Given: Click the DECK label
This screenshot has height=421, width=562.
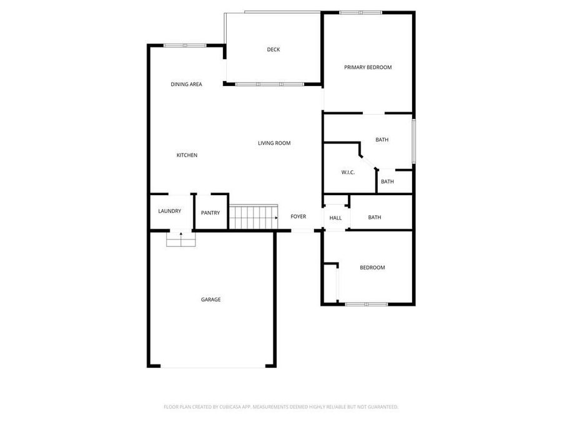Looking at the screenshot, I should click(x=274, y=50).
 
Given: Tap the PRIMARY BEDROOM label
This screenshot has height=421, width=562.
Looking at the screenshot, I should click(x=368, y=67).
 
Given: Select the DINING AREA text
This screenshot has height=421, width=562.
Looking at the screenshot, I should click(x=186, y=84).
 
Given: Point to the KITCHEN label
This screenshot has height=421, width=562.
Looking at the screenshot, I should click(x=187, y=155).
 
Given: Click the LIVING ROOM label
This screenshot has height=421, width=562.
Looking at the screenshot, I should click(x=274, y=143).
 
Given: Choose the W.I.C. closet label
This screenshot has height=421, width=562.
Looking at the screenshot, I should click(x=348, y=172).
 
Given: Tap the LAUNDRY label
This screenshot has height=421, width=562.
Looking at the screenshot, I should click(x=169, y=211).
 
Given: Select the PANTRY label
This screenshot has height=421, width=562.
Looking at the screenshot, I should click(x=210, y=213).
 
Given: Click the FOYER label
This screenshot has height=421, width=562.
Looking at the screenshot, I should click(x=298, y=216).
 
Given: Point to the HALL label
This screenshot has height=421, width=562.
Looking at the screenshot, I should click(x=336, y=218).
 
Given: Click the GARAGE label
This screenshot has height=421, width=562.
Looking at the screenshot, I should click(x=210, y=300).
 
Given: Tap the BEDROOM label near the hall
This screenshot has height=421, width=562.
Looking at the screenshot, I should click(x=372, y=268).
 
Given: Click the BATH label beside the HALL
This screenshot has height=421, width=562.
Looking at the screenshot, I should click(x=375, y=218).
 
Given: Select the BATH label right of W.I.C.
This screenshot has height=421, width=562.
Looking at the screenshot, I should click(x=387, y=182).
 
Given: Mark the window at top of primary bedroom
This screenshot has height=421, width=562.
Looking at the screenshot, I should click(x=360, y=12).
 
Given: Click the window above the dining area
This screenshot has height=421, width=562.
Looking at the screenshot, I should click(x=184, y=45).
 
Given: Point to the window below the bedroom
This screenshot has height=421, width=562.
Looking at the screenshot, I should click(x=367, y=304).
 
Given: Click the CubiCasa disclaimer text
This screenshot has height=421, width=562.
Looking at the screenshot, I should click(x=280, y=407).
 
